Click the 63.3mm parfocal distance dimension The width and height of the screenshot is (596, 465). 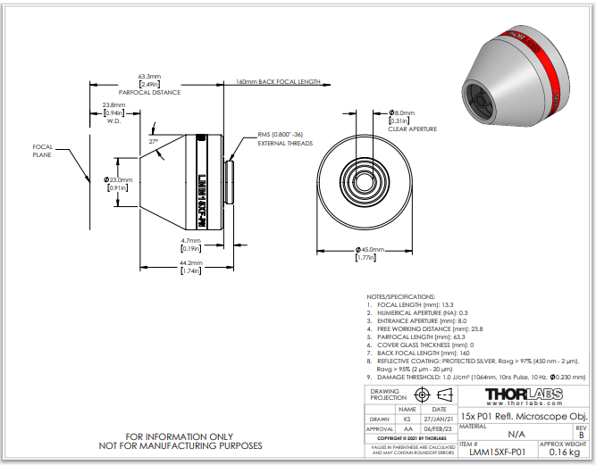tap(149, 76)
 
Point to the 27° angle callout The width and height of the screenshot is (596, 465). tap(153, 141)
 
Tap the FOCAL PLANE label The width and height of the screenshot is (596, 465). tap(44, 151)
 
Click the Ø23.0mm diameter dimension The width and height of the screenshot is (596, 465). tap(119, 179)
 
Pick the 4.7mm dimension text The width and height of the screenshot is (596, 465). tap(190, 240)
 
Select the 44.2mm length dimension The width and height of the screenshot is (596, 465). tap(190, 263)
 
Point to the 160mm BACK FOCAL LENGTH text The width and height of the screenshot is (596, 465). tap(277, 81)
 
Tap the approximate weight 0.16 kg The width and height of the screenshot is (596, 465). tap(566, 453)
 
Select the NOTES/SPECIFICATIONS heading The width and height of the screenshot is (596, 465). tap(401, 295)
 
